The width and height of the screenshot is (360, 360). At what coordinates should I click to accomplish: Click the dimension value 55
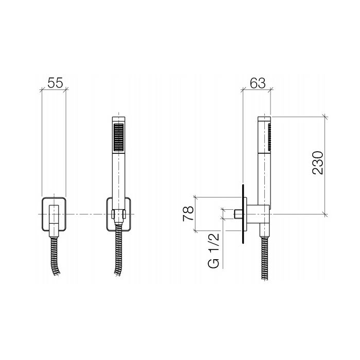55,83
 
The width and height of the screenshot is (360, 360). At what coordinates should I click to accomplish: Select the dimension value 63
258,83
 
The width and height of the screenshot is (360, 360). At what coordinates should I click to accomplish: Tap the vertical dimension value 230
318,163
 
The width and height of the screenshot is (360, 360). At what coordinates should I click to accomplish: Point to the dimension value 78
188,213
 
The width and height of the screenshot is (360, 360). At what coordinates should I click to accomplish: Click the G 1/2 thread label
214,250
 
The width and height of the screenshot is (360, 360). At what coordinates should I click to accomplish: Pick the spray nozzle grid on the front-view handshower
119,137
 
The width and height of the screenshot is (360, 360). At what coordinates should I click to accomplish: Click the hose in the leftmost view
55,256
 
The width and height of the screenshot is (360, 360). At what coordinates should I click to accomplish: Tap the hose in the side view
264,258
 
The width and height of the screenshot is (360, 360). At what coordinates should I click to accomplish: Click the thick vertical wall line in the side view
243,213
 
